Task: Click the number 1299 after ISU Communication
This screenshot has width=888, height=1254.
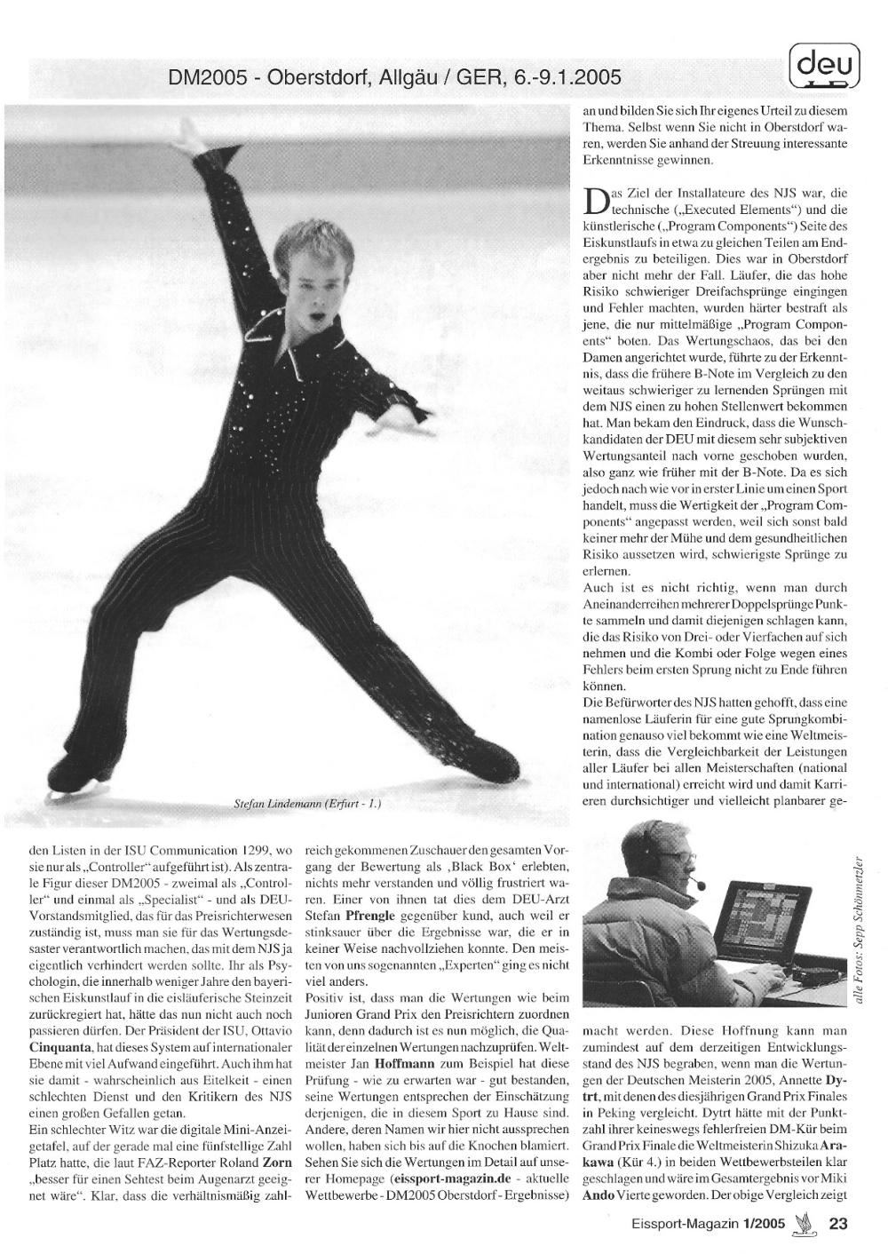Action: [251, 849]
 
